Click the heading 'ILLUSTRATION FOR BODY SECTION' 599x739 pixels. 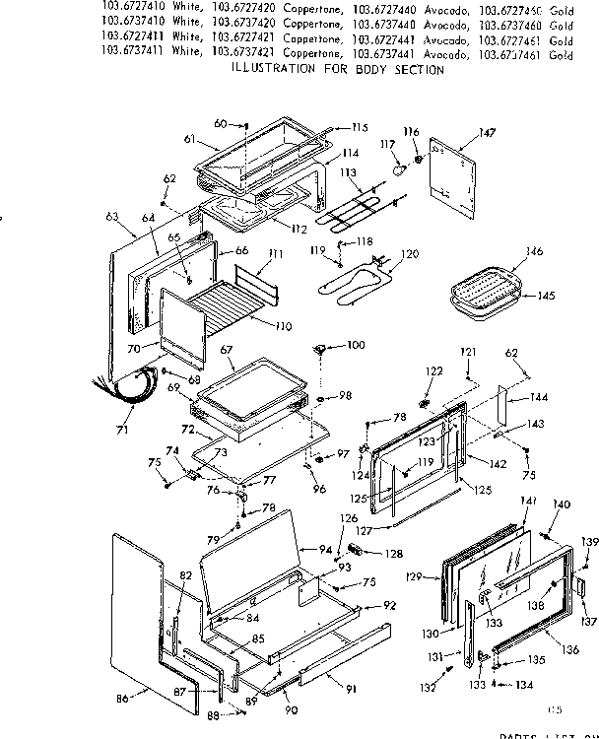(x=336, y=70)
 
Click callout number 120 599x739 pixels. (x=409, y=254)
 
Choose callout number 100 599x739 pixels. (x=355, y=345)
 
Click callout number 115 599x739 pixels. (x=359, y=127)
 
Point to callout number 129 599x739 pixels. (x=414, y=576)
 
